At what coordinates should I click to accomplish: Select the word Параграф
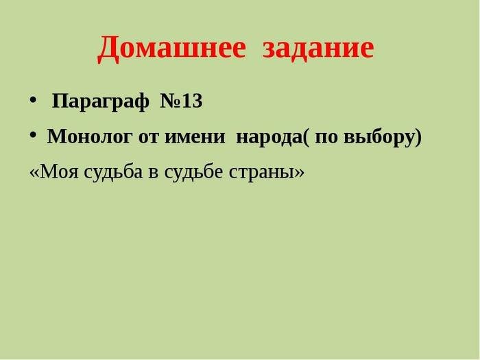(101, 101)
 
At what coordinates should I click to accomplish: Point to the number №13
(181, 101)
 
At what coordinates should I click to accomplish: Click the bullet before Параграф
(33, 100)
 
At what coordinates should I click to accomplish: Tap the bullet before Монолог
(33, 135)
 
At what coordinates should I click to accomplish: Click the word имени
(195, 137)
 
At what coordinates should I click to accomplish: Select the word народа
(269, 138)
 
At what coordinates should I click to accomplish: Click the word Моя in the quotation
(59, 171)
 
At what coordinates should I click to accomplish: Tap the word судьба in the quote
(113, 171)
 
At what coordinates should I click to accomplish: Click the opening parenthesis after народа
(306, 137)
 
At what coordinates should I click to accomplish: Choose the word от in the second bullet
(149, 137)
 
